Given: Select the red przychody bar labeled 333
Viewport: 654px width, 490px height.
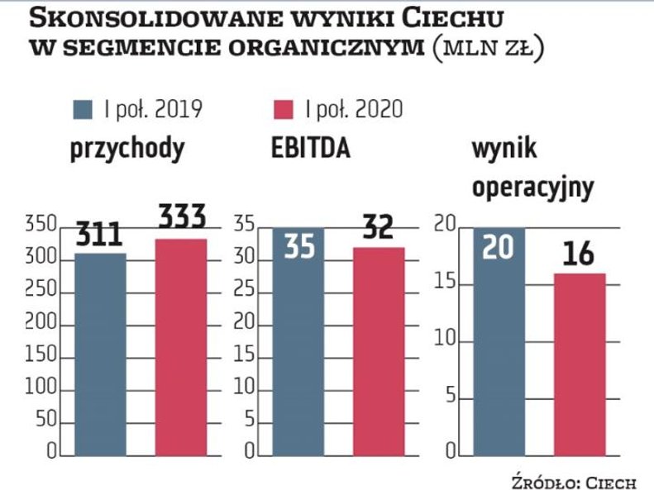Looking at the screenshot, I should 181,347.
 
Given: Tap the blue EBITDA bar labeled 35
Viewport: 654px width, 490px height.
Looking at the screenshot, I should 299,347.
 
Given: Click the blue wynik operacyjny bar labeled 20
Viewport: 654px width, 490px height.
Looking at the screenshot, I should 499,347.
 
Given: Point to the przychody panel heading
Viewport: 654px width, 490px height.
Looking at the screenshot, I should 127,150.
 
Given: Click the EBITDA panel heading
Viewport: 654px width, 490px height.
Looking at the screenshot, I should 310,149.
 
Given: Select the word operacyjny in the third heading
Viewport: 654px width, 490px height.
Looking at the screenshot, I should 532,188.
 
